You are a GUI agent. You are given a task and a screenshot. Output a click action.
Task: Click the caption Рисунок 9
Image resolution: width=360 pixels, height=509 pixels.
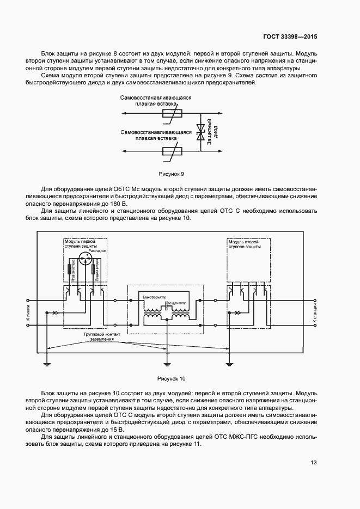coord(172,174)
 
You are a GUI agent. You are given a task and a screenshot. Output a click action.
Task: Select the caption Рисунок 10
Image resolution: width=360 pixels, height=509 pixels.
coord(172,378)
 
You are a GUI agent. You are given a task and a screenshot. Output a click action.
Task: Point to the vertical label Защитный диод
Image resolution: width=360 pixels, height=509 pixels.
coord(212,132)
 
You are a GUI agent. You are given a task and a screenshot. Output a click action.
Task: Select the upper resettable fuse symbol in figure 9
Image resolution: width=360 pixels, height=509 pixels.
coord(174,114)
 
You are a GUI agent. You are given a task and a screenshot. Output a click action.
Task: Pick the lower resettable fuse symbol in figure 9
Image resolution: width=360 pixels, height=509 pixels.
coord(174,151)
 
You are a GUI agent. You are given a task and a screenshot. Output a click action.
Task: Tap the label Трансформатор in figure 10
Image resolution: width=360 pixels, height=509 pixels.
coord(154,298)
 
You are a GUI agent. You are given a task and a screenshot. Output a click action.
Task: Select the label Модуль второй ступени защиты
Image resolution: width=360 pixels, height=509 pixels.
coord(245,244)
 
